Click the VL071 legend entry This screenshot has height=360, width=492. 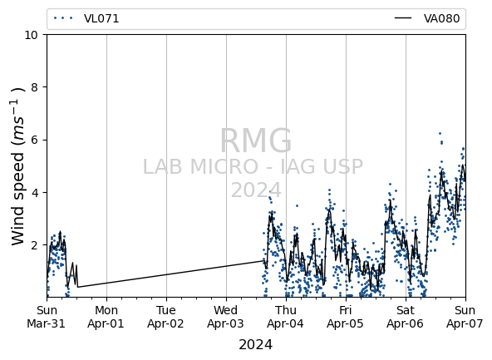point(86,18)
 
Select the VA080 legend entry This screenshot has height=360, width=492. point(427,18)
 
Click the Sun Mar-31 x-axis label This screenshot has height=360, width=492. point(47,317)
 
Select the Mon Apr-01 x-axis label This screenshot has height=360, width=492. point(106,317)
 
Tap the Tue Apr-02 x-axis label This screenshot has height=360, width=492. point(165,317)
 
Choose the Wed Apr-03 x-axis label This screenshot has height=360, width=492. point(225,317)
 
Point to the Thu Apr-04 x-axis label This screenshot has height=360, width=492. point(286,317)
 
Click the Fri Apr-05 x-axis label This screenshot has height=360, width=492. point(345,317)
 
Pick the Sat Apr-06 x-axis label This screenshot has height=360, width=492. point(405,317)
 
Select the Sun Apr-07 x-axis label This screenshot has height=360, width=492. point(465,317)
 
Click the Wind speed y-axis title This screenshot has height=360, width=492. point(18,166)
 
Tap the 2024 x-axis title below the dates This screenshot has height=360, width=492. point(256,345)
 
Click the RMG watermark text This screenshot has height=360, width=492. point(256,141)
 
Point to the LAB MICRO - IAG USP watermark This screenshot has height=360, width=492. point(253,166)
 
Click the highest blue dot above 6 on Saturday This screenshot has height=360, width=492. point(440,133)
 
